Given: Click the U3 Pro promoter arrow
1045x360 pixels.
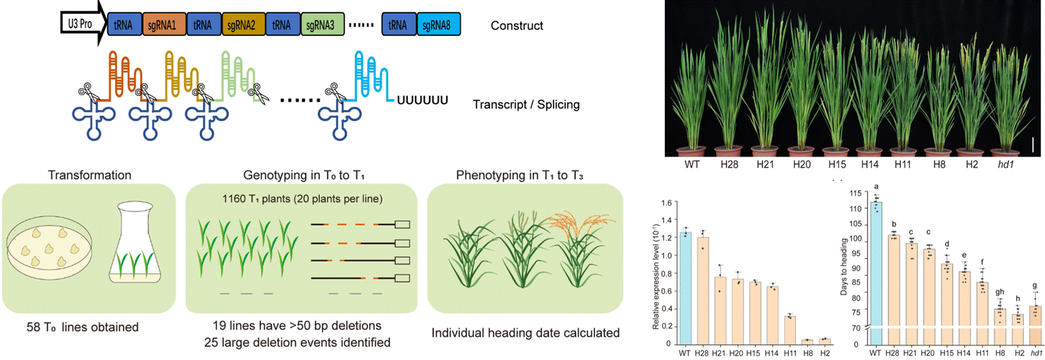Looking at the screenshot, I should click(x=81, y=24).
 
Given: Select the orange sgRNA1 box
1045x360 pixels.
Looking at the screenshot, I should click(x=162, y=25).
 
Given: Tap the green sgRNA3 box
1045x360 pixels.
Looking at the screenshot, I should click(x=321, y=25).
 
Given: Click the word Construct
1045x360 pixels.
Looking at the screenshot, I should click(x=516, y=25).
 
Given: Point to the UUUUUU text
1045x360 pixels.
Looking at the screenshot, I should click(x=422, y=100).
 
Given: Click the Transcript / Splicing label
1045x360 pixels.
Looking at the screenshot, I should click(x=526, y=104).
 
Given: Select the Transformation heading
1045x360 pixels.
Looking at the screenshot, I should click(x=89, y=175).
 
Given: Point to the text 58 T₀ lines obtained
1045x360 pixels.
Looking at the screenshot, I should click(x=82, y=327).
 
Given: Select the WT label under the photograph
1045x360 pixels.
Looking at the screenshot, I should click(x=692, y=165).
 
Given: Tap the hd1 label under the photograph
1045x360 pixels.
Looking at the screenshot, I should click(x=1005, y=165).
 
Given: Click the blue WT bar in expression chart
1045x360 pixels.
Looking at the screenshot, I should click(x=685, y=288).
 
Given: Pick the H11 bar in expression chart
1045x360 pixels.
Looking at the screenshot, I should click(x=790, y=330).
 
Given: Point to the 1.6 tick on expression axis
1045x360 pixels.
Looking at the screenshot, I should click(x=666, y=203).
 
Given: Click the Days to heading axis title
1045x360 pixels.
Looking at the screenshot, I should click(x=843, y=266).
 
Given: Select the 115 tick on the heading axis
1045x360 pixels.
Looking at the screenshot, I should click(x=855, y=193).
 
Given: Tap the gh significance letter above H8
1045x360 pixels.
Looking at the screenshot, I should click(x=1000, y=292).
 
